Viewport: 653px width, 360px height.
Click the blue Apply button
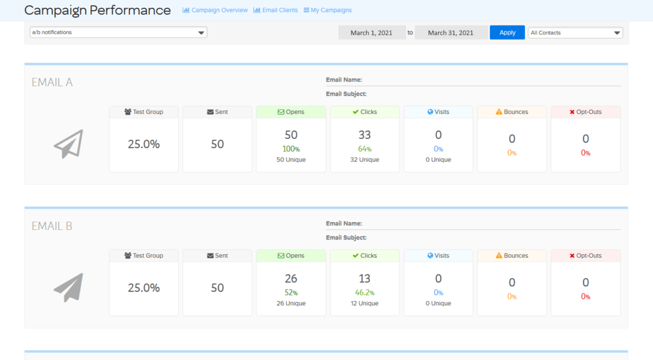(507, 33)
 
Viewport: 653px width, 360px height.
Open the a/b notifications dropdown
(118, 33)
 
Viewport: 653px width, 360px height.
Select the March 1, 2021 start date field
(372, 33)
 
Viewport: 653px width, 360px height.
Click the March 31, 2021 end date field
(451, 33)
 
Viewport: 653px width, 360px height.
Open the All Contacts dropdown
(575, 33)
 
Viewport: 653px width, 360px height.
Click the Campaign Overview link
(215, 10)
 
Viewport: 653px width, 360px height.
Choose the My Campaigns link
(328, 10)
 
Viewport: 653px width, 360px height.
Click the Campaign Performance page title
(97, 10)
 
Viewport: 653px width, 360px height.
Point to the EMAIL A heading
(52, 83)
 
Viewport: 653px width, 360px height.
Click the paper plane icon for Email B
(68, 288)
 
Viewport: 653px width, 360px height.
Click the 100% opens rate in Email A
(291, 149)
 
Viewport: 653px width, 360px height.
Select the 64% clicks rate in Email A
(364, 149)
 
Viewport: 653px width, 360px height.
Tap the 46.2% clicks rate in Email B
(364, 293)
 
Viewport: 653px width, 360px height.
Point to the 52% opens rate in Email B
(291, 293)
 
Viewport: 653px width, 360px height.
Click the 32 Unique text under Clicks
(364, 160)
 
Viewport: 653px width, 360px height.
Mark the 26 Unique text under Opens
(291, 304)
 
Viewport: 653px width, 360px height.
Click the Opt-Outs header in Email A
(585, 112)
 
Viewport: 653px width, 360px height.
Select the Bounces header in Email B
(512, 255)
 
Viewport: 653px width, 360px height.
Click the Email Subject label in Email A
(346, 94)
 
